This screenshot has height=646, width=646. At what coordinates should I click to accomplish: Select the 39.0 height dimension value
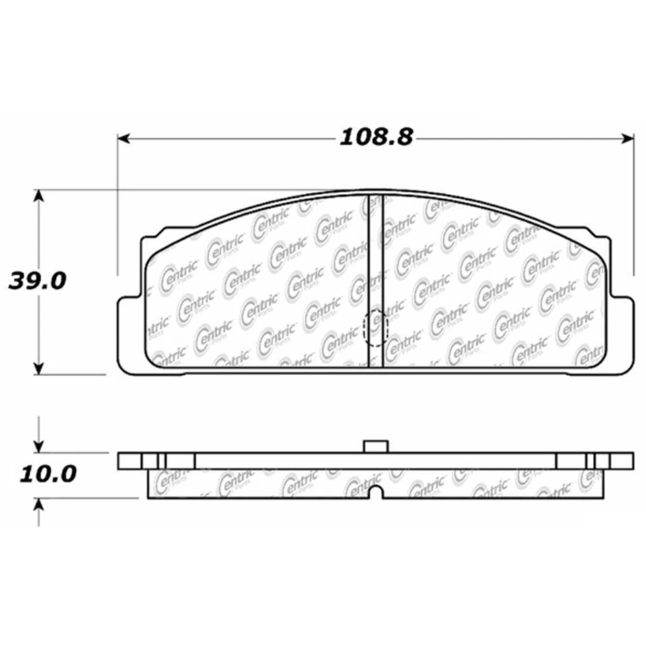37,281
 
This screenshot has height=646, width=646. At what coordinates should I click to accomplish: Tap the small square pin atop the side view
375,446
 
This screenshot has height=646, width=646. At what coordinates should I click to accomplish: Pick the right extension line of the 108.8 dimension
635,202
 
